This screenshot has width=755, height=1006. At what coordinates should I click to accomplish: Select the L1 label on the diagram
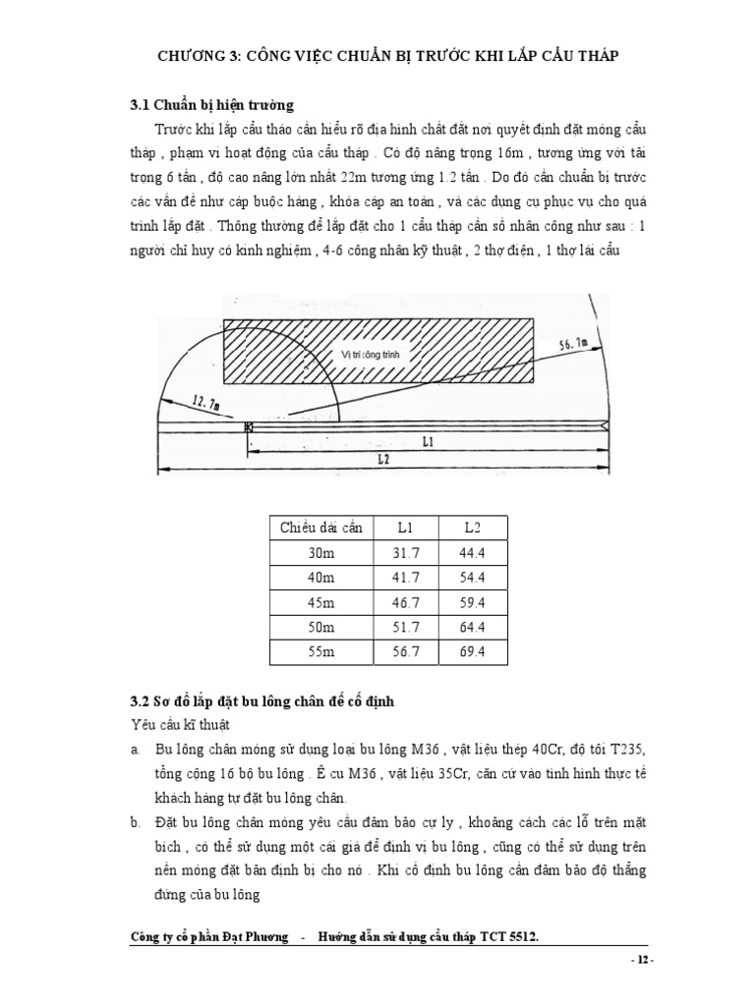[x=427, y=443]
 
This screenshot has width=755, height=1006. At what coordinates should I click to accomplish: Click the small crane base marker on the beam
[x=248, y=425]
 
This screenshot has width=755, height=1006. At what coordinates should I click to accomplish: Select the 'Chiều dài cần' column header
[x=320, y=528]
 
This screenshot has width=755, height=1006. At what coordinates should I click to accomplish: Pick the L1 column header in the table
[x=406, y=528]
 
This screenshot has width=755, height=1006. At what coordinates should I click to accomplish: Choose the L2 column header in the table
[x=472, y=528]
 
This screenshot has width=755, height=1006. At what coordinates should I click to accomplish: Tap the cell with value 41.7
[x=406, y=578]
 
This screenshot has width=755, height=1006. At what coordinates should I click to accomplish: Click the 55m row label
[x=320, y=653]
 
